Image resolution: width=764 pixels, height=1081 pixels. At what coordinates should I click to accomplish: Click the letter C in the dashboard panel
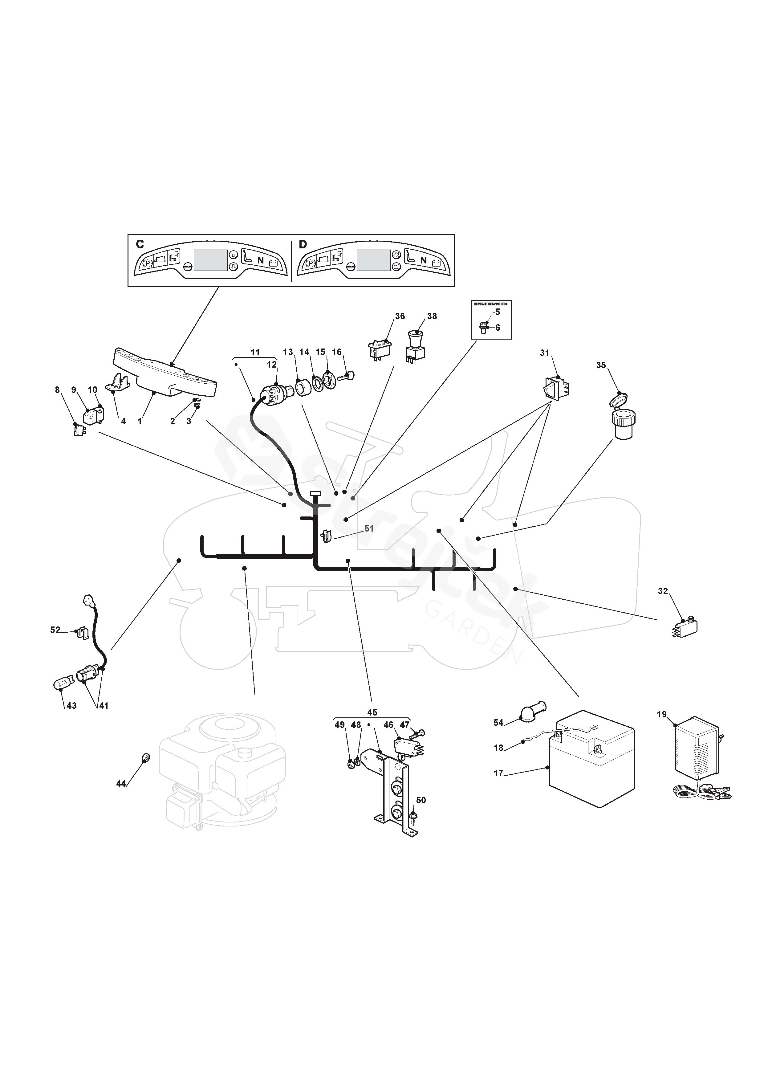(x=140, y=244)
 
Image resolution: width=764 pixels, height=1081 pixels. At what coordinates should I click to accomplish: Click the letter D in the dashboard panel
(x=303, y=244)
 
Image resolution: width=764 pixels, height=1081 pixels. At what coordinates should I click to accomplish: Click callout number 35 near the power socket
(x=601, y=365)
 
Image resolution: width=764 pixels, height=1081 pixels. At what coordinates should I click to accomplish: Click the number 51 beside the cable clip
(x=369, y=528)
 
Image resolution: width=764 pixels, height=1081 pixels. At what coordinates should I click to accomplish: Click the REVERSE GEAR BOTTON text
(x=491, y=304)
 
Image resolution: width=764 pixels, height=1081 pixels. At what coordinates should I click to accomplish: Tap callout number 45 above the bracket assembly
(x=372, y=712)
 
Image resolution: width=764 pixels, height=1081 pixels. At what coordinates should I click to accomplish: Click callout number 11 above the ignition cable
(x=255, y=352)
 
